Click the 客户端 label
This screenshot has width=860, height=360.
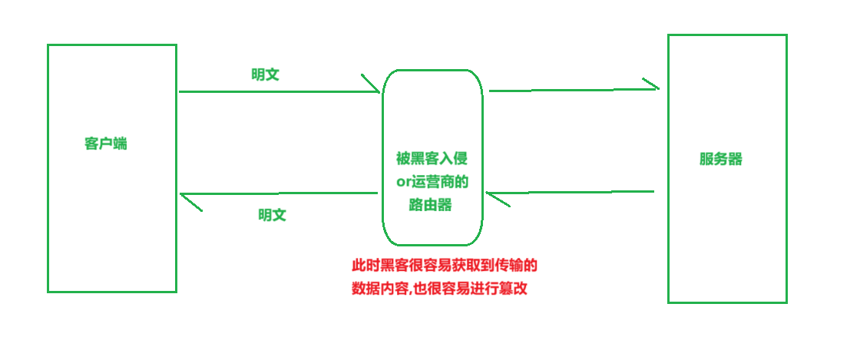click(x=106, y=144)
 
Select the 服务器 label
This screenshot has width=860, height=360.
click(x=720, y=159)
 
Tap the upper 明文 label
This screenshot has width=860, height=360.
click(x=265, y=74)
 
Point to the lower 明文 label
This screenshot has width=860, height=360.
click(x=272, y=215)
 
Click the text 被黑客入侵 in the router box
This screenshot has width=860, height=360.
click(x=432, y=159)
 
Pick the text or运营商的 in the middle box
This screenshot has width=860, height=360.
click(x=432, y=182)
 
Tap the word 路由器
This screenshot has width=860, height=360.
click(x=432, y=205)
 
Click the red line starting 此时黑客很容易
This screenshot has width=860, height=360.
click(x=444, y=266)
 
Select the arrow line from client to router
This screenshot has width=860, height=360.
click(x=276, y=92)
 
